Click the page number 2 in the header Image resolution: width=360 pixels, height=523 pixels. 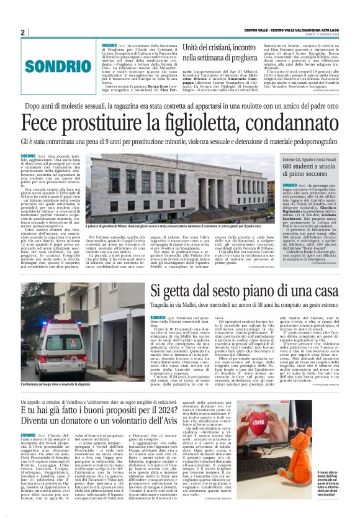tap(22, 32)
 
